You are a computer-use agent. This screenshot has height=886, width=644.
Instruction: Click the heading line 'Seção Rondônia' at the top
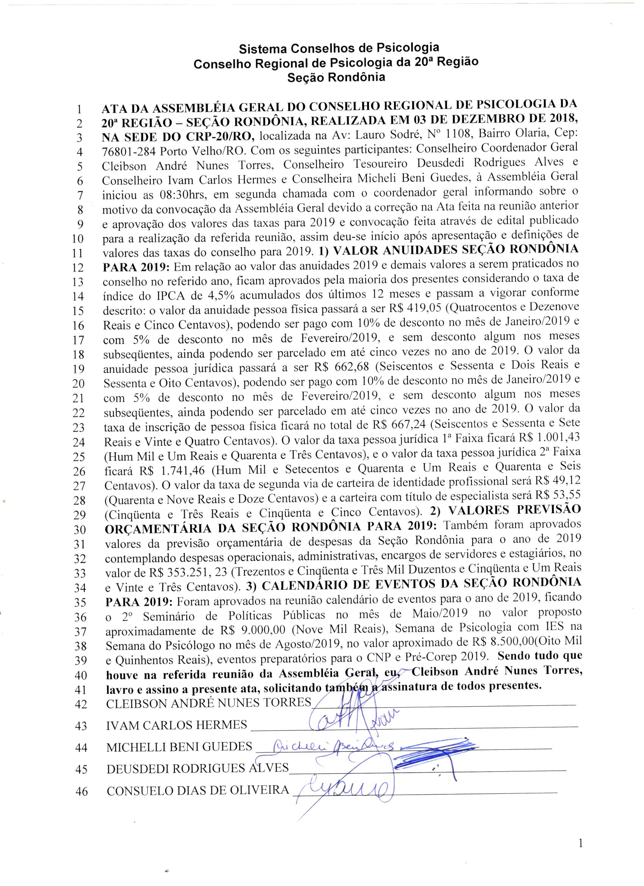(x=336, y=77)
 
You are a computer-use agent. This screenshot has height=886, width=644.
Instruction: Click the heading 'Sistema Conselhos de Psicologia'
(x=339, y=49)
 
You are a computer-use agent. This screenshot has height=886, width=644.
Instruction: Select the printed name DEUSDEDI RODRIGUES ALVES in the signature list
(x=198, y=768)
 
